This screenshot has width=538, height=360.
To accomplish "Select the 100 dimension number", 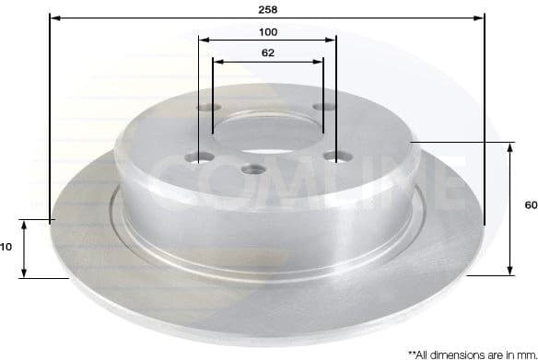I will pyautogui.click(x=268, y=31).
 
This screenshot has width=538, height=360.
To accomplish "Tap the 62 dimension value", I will pyautogui.click(x=268, y=53).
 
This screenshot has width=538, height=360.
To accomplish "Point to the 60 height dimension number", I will pyautogui.click(x=530, y=205).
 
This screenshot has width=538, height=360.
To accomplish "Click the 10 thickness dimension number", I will pyautogui.click(x=6, y=247).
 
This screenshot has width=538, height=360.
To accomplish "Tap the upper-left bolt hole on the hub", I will pyautogui.click(x=205, y=109).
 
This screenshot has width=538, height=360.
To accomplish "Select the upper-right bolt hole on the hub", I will pyautogui.click(x=322, y=108).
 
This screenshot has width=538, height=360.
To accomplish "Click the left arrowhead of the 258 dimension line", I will pyautogui.click(x=53, y=17).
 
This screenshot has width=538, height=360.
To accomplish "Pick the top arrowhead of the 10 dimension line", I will pyautogui.click(x=26, y=226).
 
